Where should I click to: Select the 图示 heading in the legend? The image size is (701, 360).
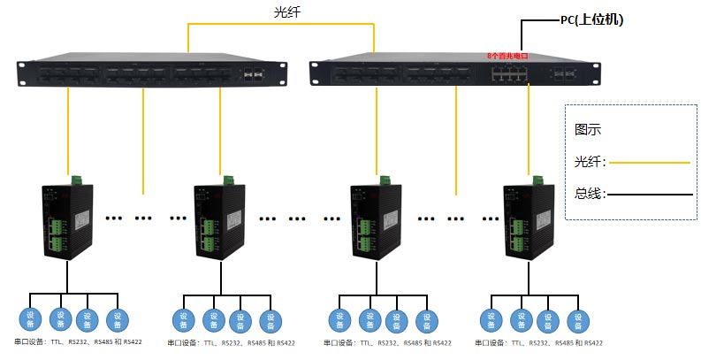point(588,129)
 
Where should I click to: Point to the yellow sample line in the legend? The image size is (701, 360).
point(650,163)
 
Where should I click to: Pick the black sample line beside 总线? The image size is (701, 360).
point(650,194)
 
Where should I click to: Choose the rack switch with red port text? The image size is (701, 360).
point(455,73)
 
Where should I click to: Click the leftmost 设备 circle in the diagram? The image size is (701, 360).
point(32,318)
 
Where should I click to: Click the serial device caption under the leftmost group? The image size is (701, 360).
point(78,341)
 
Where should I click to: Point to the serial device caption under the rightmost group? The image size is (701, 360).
point(539,342)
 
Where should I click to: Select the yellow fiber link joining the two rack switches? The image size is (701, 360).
point(281,26)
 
